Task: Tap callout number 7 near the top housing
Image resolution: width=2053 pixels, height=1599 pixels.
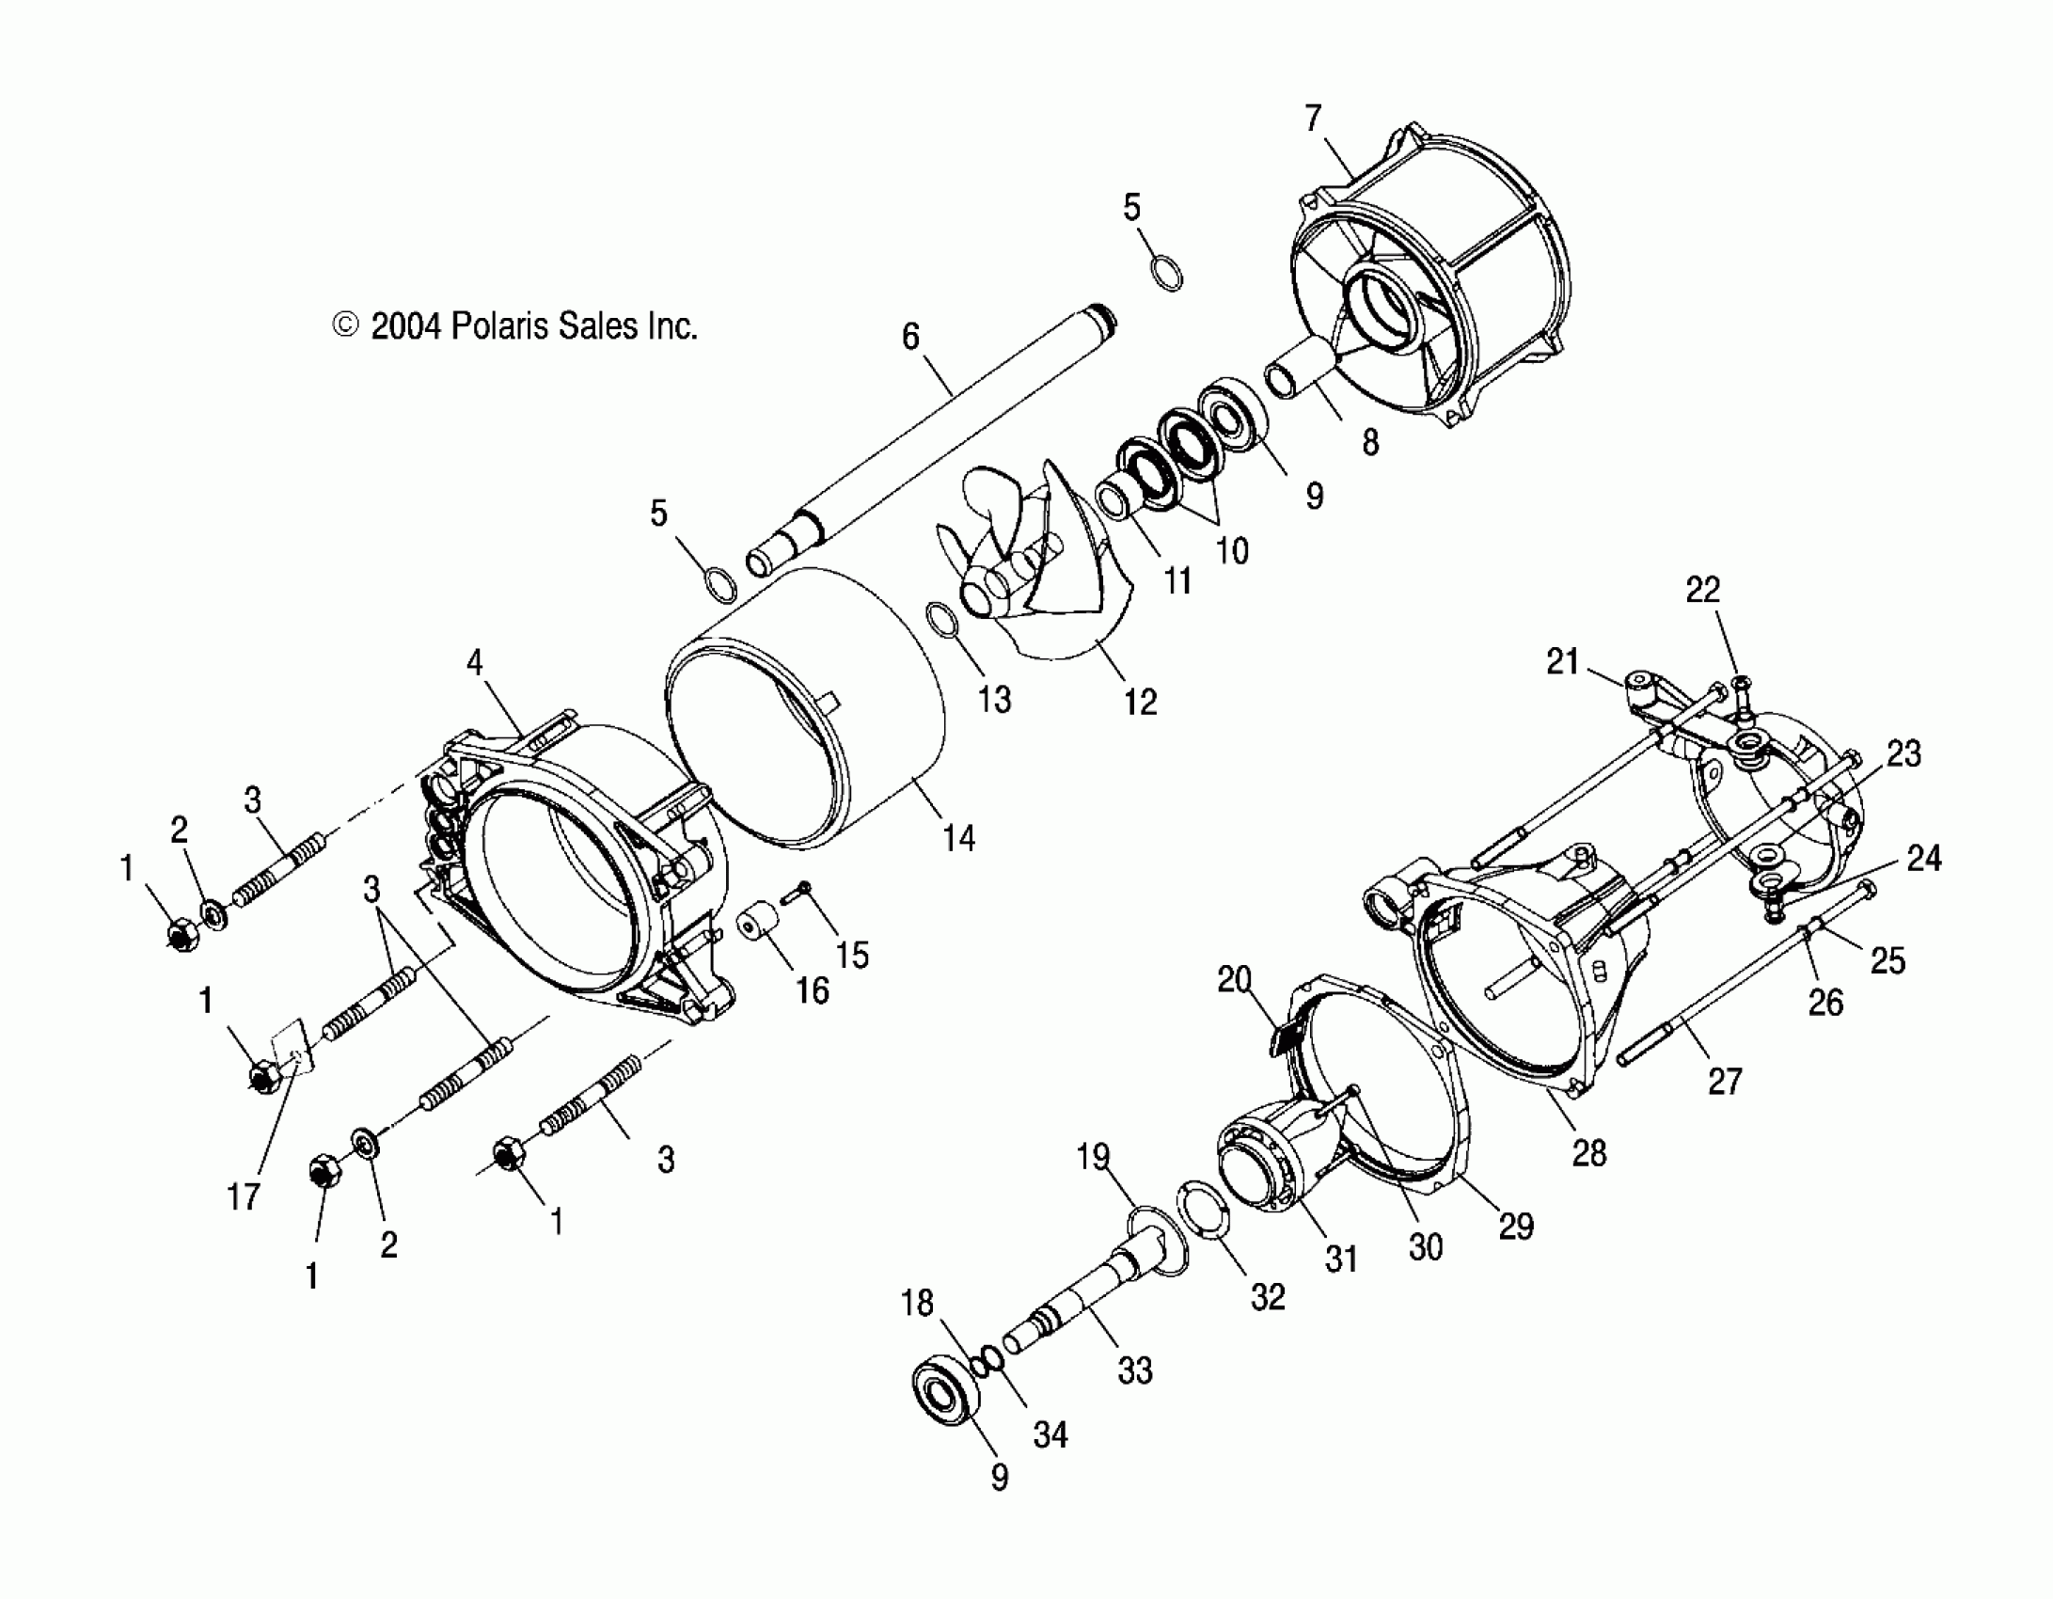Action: [1314, 119]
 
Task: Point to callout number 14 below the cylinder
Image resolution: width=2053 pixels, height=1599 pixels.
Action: [958, 837]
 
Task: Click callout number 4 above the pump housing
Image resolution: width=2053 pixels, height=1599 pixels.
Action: [475, 663]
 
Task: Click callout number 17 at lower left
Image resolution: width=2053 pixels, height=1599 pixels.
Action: [243, 1196]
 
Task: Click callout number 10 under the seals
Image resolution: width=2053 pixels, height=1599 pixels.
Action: [1232, 550]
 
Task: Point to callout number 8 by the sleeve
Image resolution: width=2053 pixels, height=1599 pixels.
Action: [1370, 442]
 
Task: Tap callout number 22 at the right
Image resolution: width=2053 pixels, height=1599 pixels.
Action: [1703, 590]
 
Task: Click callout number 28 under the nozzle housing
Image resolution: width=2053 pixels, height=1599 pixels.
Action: [1589, 1152]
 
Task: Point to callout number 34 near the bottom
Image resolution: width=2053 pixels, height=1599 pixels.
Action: [1050, 1434]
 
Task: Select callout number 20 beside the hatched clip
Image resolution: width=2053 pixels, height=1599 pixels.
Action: [1234, 980]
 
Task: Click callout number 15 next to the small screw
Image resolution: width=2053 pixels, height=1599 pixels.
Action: [852, 955]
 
